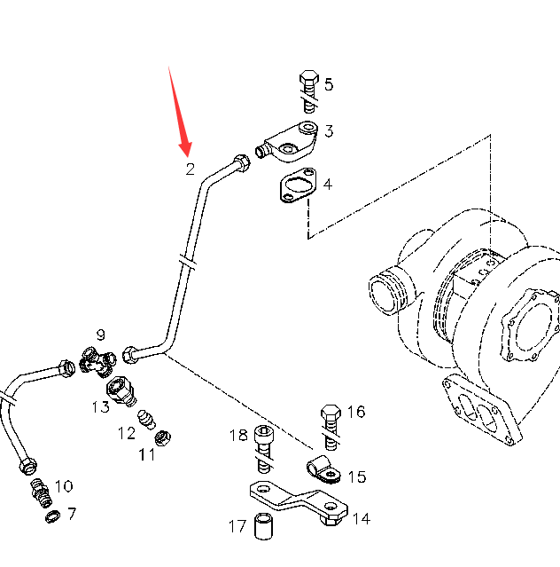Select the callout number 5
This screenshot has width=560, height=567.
(x=329, y=85)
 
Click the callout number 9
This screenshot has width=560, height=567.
(x=101, y=335)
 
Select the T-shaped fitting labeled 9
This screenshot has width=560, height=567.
(x=97, y=360)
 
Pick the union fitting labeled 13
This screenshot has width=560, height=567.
(x=119, y=390)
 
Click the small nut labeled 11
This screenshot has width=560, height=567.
(x=162, y=437)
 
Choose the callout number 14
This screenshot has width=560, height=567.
(x=361, y=519)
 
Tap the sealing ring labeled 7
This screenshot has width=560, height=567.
(x=53, y=516)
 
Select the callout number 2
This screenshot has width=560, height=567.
(x=190, y=169)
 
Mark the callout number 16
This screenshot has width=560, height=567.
(x=356, y=412)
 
